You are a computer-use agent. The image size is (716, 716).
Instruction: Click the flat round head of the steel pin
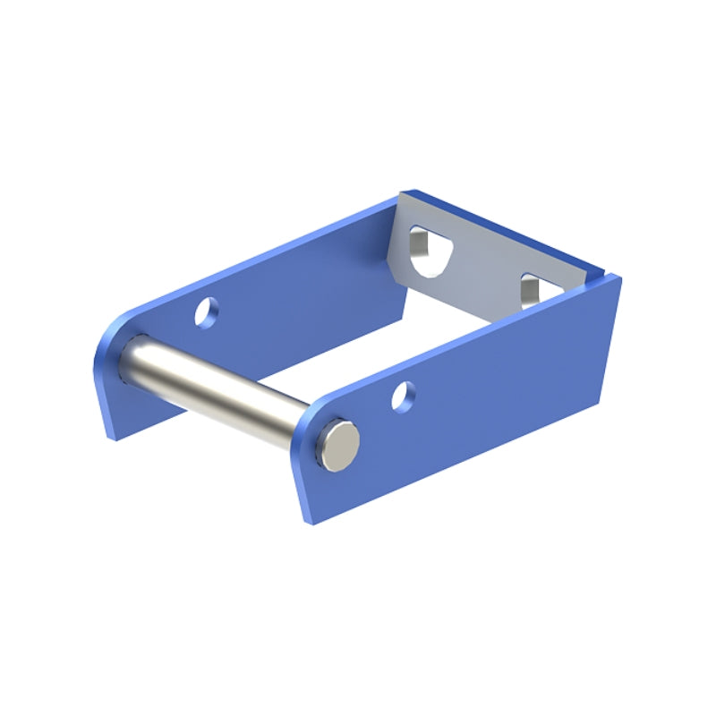click(341, 445)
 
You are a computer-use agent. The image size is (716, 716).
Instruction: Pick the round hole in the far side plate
click(207, 311)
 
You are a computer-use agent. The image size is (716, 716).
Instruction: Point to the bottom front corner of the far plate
click(112, 438)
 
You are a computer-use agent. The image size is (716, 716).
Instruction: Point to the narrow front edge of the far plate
click(100, 385)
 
